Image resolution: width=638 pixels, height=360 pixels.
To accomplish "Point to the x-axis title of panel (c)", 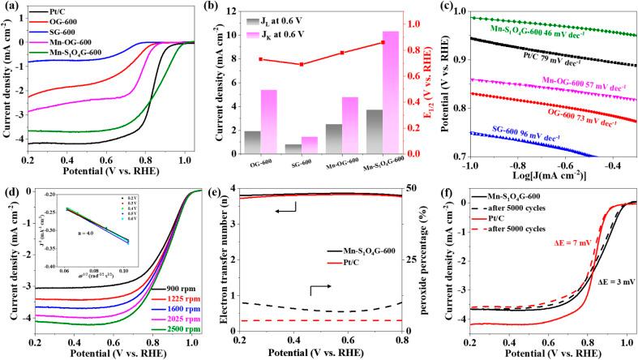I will pos(537,181).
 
